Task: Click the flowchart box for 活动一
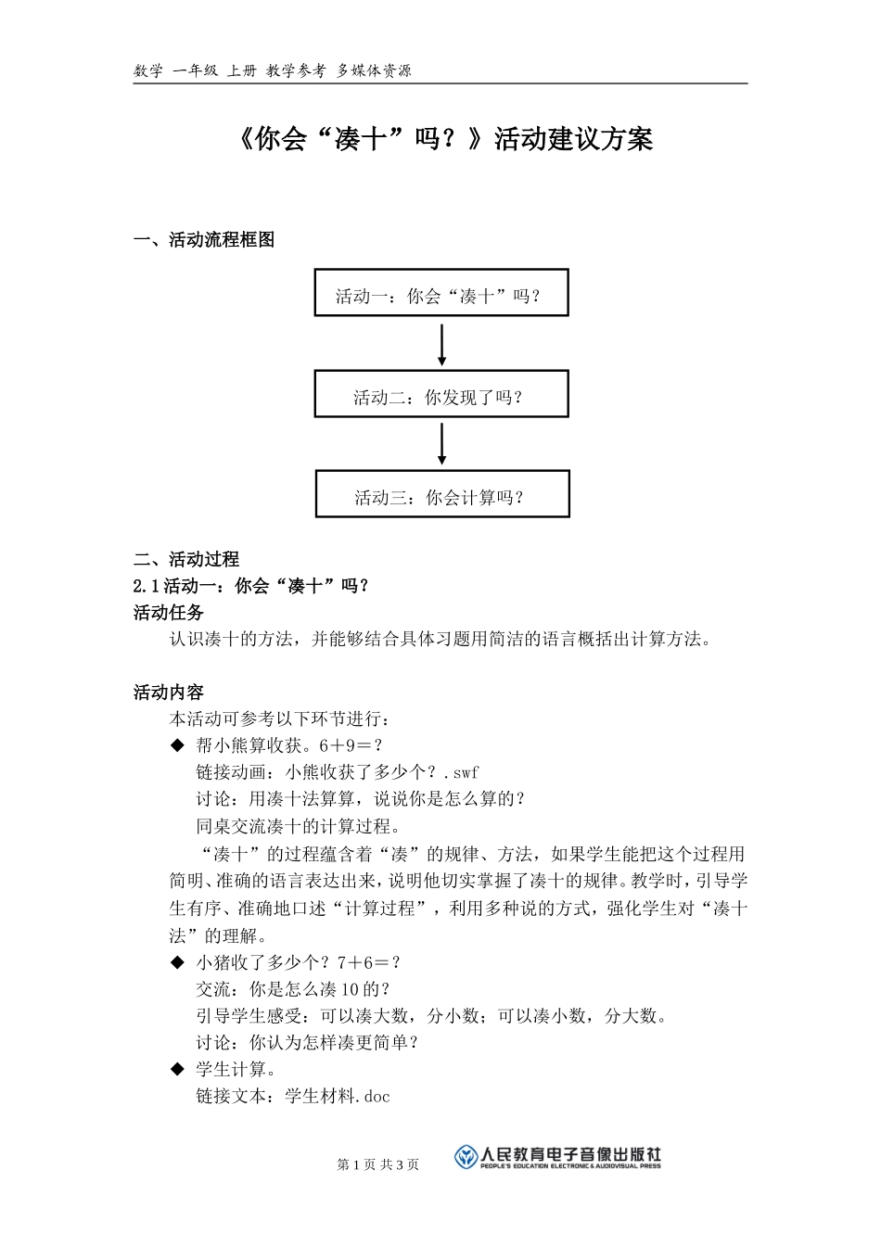tap(440, 293)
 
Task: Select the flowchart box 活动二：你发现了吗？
tap(440, 394)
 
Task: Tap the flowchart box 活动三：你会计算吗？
tap(441, 494)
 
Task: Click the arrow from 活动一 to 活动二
tap(441, 344)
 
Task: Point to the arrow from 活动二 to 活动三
tap(441, 444)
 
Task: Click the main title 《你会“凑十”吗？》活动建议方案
tap(440, 139)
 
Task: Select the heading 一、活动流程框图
tap(204, 240)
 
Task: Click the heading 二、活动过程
tap(186, 559)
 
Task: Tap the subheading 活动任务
tap(169, 613)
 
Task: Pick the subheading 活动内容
tap(169, 693)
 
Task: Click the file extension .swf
tap(461, 772)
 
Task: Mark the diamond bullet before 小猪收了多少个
tap(178, 963)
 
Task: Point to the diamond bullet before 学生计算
tap(178, 1070)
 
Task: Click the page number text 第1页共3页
tap(378, 1164)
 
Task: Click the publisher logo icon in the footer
tap(466, 1157)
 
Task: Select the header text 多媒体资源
tap(374, 70)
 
